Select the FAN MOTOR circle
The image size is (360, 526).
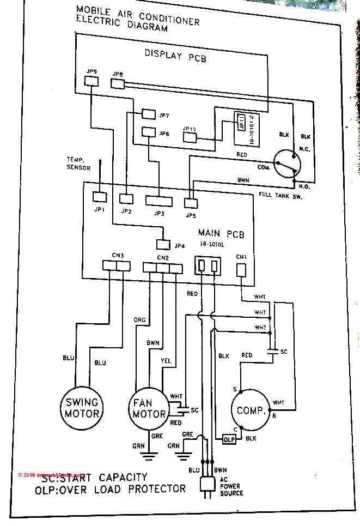[x=149, y=408]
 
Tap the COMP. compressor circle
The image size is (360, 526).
[x=251, y=410]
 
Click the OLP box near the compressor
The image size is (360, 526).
[x=229, y=438]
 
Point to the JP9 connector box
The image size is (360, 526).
[x=91, y=81]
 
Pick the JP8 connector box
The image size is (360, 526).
[x=118, y=83]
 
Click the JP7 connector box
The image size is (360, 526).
[x=148, y=114]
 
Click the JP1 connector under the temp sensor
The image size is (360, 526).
[x=99, y=197]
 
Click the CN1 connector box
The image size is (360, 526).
[x=241, y=270]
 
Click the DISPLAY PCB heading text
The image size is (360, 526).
[x=175, y=55]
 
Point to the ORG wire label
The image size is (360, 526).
[x=139, y=320]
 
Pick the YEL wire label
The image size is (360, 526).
[x=166, y=360]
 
